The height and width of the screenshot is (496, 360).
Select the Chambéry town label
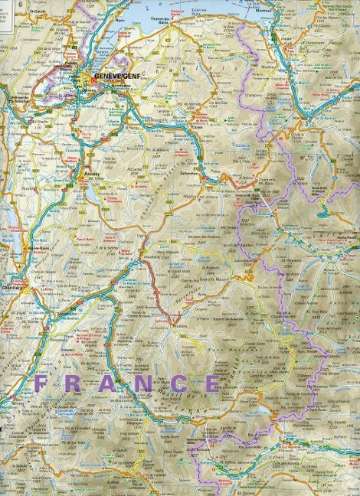click(x=15, y=289)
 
